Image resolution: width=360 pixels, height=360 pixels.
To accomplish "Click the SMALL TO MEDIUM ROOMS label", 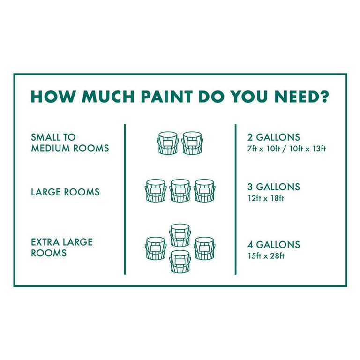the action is point(70,143).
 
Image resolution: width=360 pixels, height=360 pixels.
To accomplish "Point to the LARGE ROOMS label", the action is point(65,192).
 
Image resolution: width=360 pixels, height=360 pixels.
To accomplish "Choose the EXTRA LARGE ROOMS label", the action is point(62,247).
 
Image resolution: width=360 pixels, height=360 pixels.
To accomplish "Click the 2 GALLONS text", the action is point(274,137).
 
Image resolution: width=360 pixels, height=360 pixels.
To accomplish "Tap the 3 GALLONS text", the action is point(274,187).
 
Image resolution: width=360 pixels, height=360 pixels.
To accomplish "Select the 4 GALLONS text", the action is point(274,245).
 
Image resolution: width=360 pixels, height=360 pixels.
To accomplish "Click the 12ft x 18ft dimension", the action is point(266,198).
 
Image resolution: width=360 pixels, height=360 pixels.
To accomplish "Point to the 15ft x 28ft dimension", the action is point(266,256).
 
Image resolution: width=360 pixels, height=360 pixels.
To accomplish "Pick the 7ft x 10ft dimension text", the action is point(264,149).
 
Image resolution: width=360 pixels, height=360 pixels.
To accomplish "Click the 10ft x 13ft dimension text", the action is point(307,149).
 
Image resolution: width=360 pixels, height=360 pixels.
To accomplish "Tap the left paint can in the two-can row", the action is point(168,143).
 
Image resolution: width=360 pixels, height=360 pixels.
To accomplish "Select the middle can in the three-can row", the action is point(180,191).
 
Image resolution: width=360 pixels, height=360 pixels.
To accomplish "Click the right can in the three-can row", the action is point(204,191).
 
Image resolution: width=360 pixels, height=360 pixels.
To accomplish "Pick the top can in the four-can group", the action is point(180,235).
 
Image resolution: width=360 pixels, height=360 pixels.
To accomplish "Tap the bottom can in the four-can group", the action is point(180,262).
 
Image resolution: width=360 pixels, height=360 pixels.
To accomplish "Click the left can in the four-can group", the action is point(156,248).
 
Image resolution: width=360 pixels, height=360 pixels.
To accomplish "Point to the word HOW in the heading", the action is point(53,97).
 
